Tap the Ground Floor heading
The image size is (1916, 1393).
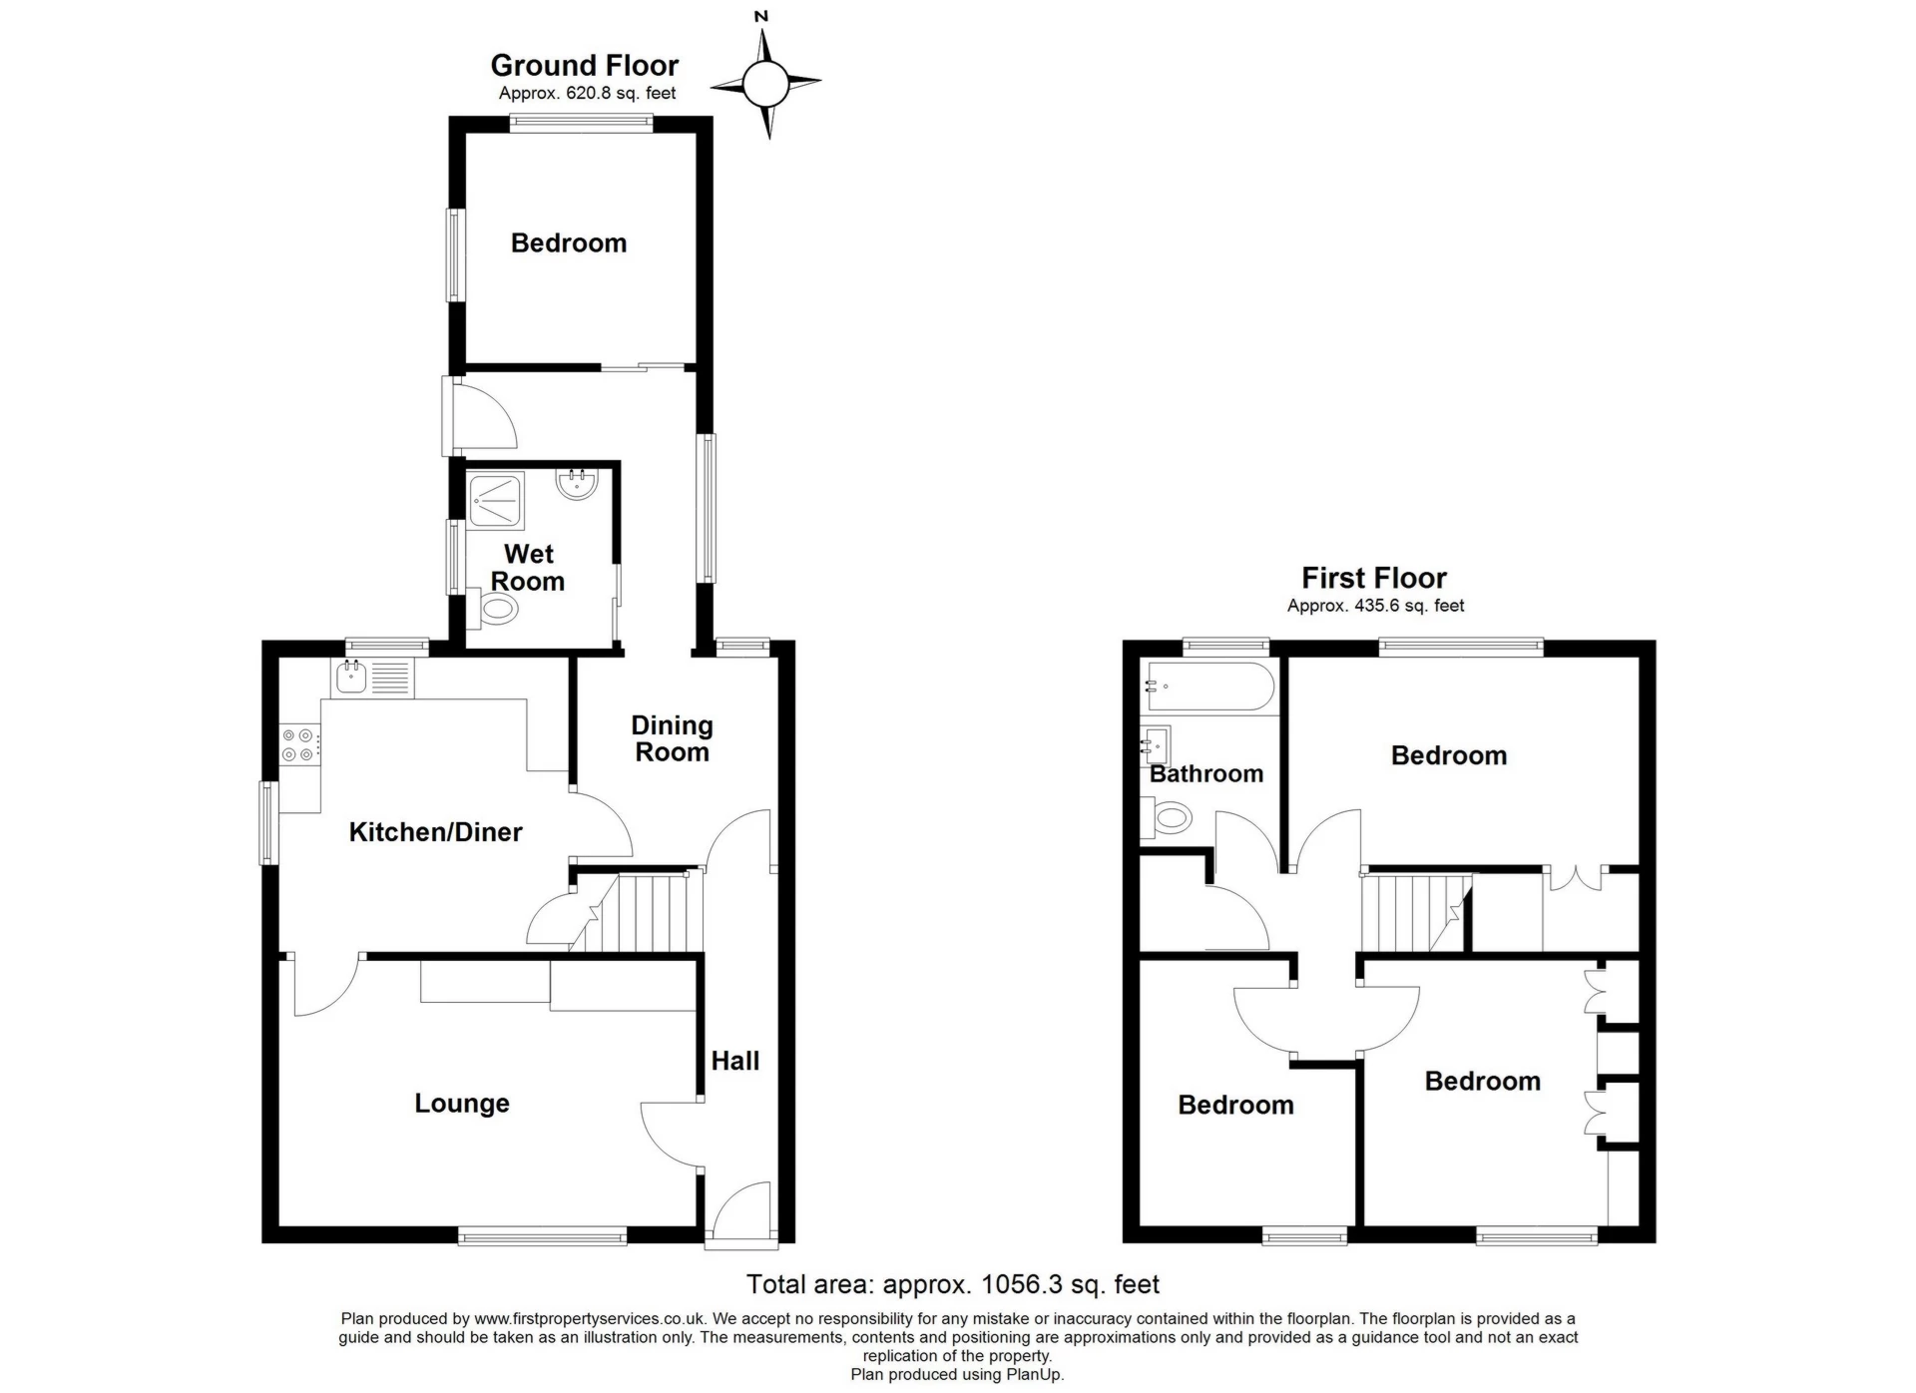pos(585,66)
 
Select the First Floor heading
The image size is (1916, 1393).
pos(1373,578)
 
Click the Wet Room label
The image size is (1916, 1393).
pos(528,568)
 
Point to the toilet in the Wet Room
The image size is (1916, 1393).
pos(495,608)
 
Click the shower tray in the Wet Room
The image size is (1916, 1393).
pos(496,500)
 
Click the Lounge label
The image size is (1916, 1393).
pos(462,1103)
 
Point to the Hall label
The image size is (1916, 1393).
pos(735,1061)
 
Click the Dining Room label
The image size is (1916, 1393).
pos(672,739)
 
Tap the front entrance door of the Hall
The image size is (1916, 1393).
pos(740,1212)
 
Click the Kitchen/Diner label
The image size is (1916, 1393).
pos(435,831)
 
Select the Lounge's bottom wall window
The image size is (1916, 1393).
pos(543,1237)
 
